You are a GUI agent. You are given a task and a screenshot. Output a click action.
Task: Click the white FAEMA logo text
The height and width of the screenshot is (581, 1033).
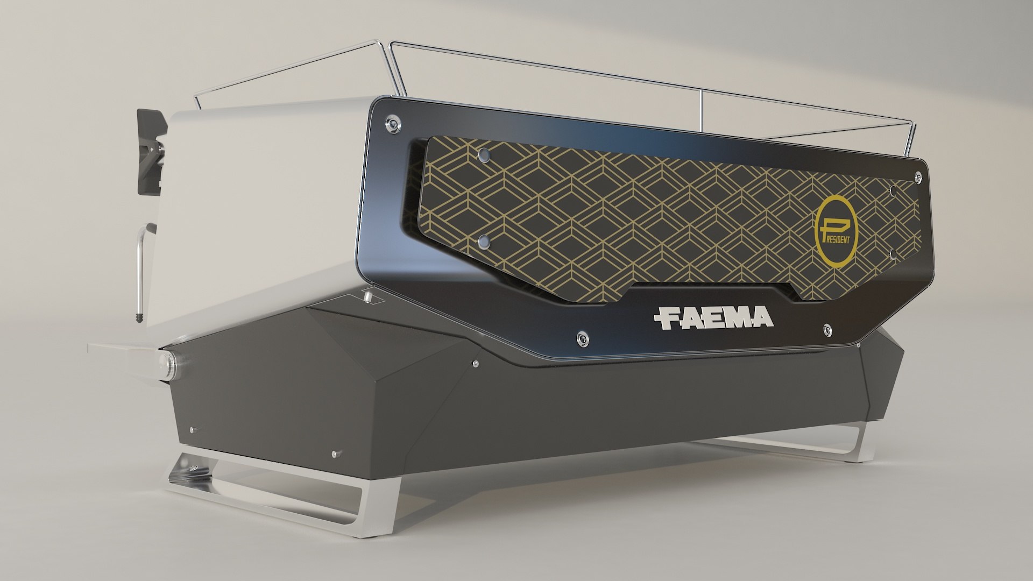click(x=713, y=317)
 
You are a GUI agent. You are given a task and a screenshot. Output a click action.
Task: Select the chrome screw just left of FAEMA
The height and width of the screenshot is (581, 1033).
click(x=581, y=337)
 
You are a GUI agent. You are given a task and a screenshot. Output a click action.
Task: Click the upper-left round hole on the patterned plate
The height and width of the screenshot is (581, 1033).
click(x=483, y=154)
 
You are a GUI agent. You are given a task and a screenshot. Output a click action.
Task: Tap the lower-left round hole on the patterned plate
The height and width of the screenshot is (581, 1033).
click(x=484, y=239)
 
